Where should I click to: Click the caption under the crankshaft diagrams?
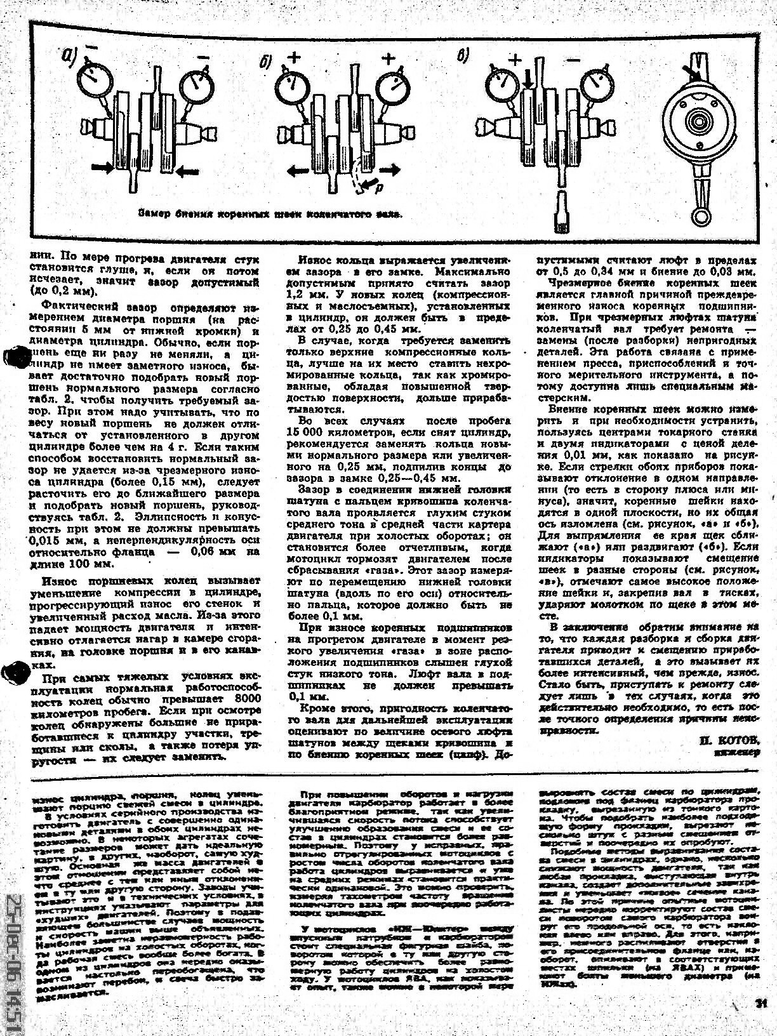tap(270, 214)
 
